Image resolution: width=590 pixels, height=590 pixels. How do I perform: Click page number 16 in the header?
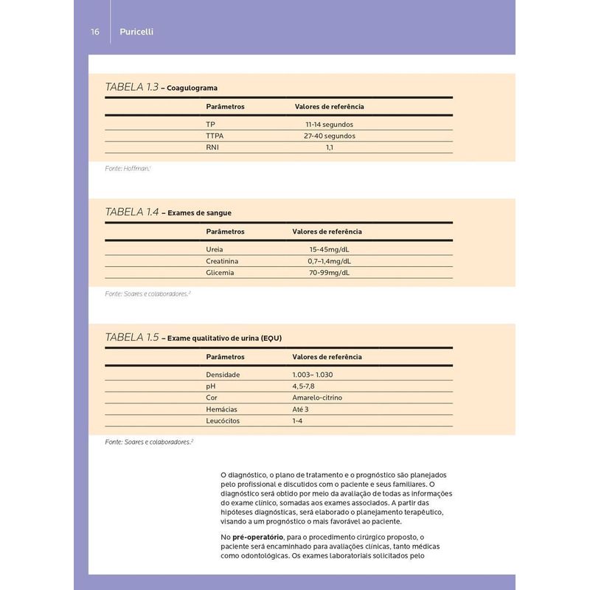[95, 32]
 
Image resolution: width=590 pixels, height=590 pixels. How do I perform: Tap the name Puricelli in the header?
[136, 32]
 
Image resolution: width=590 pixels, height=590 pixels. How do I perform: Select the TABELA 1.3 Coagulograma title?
[162, 87]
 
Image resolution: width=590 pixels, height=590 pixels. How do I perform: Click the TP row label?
[211, 124]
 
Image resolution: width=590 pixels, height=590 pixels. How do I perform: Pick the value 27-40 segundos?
[329, 136]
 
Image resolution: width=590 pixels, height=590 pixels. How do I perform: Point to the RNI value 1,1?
[330, 147]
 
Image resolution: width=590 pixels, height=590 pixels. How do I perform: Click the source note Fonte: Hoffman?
[128, 169]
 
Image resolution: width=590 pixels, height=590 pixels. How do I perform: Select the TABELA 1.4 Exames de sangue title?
[169, 212]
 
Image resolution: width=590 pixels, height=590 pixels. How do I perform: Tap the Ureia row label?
[215, 249]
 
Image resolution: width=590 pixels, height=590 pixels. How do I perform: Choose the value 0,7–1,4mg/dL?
[329, 261]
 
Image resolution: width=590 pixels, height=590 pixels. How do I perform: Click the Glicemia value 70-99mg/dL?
[329, 273]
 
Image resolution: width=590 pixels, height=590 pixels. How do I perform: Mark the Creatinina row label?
[223, 261]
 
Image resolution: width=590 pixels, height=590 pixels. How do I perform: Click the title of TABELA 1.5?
[193, 337]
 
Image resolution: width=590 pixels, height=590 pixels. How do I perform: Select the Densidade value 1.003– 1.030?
[313, 375]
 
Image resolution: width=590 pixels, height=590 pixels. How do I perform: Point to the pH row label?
[211, 386]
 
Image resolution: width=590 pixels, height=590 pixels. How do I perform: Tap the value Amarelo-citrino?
[317, 398]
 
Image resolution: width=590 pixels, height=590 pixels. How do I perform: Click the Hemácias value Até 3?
[300, 409]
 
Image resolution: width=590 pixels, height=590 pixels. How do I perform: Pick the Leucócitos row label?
[223, 421]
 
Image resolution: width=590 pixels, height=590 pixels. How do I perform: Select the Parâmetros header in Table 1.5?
[225, 357]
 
